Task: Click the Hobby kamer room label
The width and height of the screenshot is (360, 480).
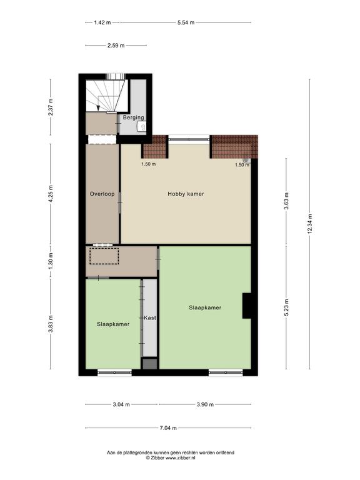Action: click(x=186, y=194)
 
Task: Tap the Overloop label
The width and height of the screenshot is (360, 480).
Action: click(x=102, y=194)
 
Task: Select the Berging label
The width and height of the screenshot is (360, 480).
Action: click(x=134, y=117)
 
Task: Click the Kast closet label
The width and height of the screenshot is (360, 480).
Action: click(x=150, y=317)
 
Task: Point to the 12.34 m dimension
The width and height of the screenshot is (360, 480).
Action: click(x=309, y=224)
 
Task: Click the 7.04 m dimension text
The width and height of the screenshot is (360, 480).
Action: click(x=168, y=428)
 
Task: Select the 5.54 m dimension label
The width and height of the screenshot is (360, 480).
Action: click(x=186, y=22)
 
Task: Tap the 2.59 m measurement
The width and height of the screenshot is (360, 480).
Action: click(x=116, y=45)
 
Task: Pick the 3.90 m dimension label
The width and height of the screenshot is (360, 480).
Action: click(x=205, y=404)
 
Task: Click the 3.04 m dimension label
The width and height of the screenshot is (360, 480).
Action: click(x=121, y=404)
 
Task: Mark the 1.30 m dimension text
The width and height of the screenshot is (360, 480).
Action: click(x=51, y=261)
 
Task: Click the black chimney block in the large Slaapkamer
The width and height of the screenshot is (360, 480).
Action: click(x=247, y=306)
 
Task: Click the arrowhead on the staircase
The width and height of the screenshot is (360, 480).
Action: click(x=98, y=107)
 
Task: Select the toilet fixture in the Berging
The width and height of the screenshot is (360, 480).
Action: click(x=141, y=126)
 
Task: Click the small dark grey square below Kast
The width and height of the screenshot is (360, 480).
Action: click(x=150, y=364)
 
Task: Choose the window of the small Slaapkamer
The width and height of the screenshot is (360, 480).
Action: click(x=114, y=372)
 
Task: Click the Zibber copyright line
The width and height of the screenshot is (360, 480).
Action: click(x=171, y=458)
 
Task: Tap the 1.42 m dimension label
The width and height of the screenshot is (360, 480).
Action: click(x=102, y=22)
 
